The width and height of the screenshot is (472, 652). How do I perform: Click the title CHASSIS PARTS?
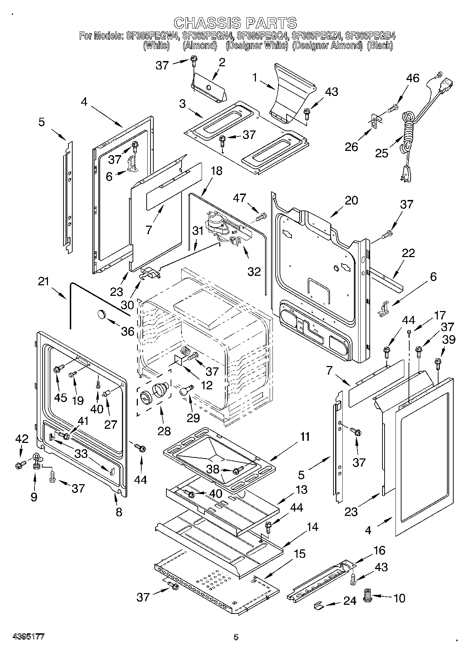(x=235, y=23)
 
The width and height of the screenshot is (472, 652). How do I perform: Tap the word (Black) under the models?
(x=380, y=45)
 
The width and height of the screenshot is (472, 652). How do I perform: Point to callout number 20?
(x=351, y=200)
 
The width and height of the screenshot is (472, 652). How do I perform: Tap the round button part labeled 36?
(x=102, y=313)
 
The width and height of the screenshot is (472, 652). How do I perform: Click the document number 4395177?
(x=28, y=637)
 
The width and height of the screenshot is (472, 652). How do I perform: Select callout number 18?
(x=216, y=171)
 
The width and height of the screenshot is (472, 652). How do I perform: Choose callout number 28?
(x=164, y=431)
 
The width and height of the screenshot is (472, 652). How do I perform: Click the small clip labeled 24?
(x=319, y=605)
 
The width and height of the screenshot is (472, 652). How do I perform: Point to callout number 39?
(x=449, y=340)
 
